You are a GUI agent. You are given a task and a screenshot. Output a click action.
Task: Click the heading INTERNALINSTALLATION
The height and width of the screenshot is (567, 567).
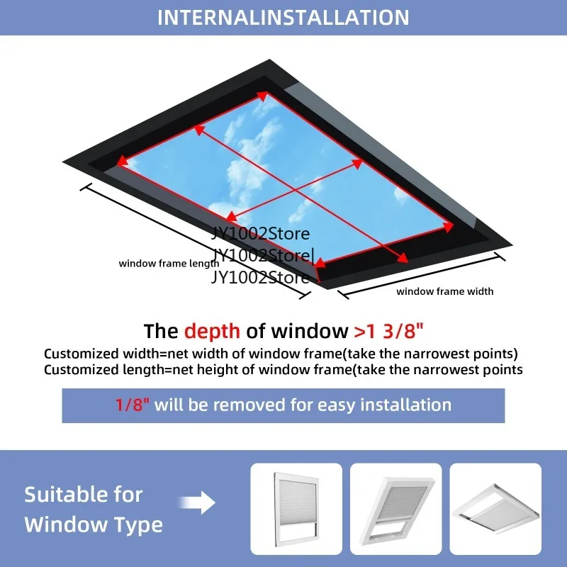[283, 17]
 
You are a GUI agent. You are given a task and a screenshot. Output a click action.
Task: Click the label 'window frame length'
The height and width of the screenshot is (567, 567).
[169, 264]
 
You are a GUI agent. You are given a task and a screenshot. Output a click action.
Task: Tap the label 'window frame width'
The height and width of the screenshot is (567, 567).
[444, 291]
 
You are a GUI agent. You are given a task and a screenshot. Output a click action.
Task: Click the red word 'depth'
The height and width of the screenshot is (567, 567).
[212, 331]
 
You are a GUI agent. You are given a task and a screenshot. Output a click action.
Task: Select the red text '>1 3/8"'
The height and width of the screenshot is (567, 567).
[388, 331]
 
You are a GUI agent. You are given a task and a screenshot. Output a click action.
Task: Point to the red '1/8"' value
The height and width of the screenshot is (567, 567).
[133, 405]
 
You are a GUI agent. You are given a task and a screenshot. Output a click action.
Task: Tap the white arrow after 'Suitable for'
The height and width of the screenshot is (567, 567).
[204, 504]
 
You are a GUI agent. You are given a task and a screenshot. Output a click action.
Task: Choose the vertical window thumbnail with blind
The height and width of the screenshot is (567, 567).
[296, 509]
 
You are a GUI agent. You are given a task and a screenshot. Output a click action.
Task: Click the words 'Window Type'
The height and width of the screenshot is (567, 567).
[94, 525]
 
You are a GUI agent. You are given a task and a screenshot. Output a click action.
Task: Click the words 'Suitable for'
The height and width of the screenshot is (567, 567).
[84, 494]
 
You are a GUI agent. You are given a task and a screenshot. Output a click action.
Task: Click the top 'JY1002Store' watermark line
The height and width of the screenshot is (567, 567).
[262, 234]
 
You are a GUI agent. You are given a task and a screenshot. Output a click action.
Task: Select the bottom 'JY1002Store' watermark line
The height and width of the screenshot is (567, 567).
[260, 277]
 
